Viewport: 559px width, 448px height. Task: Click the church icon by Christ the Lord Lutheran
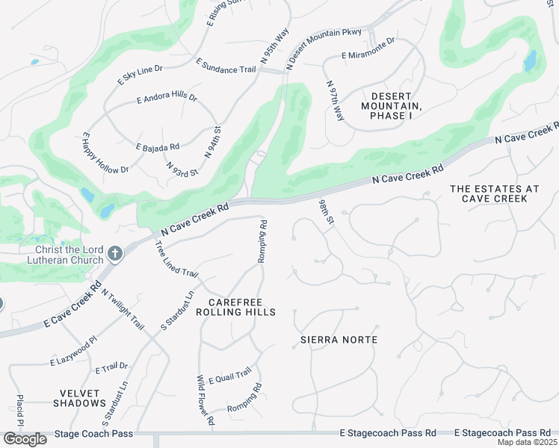[x=114, y=255]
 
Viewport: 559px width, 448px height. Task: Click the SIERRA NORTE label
[x=339, y=340]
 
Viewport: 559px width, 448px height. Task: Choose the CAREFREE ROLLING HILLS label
[x=235, y=306]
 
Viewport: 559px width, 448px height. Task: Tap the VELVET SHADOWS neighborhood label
[x=79, y=396]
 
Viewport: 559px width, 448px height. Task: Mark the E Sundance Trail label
[x=226, y=66]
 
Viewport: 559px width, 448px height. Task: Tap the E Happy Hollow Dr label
[x=105, y=153]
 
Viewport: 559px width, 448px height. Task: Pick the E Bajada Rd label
[x=157, y=147]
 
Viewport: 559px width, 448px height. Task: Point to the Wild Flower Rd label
[x=205, y=401]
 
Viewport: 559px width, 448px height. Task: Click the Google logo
[x=25, y=438]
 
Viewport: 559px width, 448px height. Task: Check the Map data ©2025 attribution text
[x=527, y=442]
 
